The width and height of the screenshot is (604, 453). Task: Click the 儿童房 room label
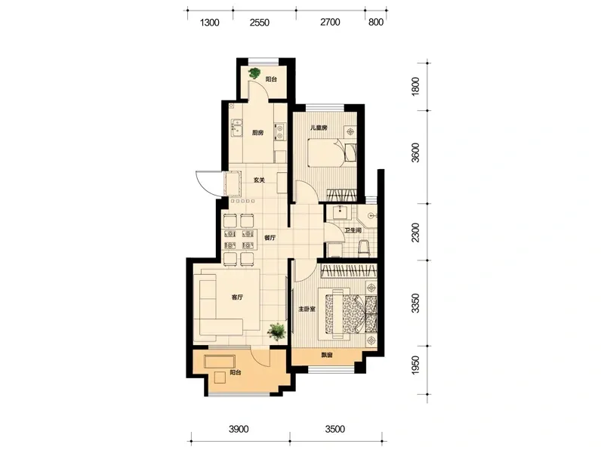click(319, 128)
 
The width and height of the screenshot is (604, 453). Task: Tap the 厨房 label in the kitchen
click(257, 133)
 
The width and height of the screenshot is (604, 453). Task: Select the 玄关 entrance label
click(259, 180)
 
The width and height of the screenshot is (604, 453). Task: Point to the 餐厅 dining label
click(270, 238)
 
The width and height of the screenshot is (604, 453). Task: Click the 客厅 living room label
click(237, 297)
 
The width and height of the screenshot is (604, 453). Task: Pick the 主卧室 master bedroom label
click(307, 309)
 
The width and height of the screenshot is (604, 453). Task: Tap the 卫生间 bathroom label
click(353, 230)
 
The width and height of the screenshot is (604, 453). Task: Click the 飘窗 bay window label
click(327, 355)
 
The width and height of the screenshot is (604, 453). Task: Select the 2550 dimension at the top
click(259, 23)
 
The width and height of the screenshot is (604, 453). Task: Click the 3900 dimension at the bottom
click(239, 429)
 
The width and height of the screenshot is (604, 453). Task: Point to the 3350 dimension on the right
click(414, 304)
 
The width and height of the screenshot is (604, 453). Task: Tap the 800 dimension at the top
click(376, 23)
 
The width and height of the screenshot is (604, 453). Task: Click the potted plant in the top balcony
click(254, 73)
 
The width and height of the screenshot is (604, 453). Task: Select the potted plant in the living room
click(277, 331)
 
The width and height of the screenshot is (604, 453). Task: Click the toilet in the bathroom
click(364, 248)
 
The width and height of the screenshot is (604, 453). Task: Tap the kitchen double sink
click(236, 128)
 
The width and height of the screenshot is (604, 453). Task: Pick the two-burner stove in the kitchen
click(280, 131)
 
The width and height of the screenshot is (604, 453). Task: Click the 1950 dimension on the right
click(414, 365)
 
